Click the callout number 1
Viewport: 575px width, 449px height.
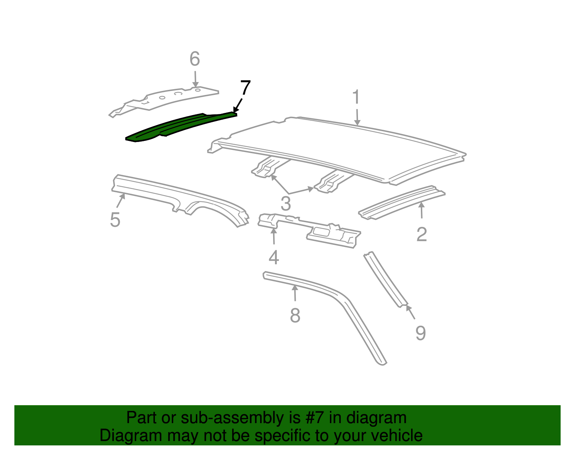[x=356, y=97]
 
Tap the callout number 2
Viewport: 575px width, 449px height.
[x=422, y=234]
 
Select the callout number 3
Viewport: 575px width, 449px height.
[x=286, y=204]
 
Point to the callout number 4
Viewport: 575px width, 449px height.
[x=274, y=257]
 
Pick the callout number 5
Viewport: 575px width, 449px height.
[x=115, y=219]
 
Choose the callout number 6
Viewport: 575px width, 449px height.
[x=195, y=59]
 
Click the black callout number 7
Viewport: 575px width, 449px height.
[x=245, y=88]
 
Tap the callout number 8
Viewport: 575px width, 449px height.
[x=295, y=316]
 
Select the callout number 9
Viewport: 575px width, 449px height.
[x=420, y=333]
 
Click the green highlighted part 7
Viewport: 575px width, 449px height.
[x=180, y=126]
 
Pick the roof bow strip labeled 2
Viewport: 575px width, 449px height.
[x=402, y=201]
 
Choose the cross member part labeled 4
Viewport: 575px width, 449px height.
[x=309, y=230]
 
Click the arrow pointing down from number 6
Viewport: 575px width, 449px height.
[x=195, y=78]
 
